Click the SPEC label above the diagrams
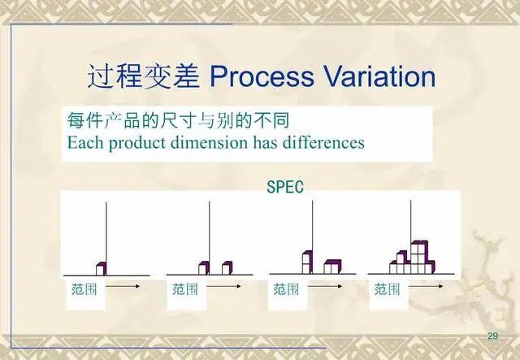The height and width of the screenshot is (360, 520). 285,187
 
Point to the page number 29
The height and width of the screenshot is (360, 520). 492,336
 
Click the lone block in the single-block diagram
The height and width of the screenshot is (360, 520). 101,267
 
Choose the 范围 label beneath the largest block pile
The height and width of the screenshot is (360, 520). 387,288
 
